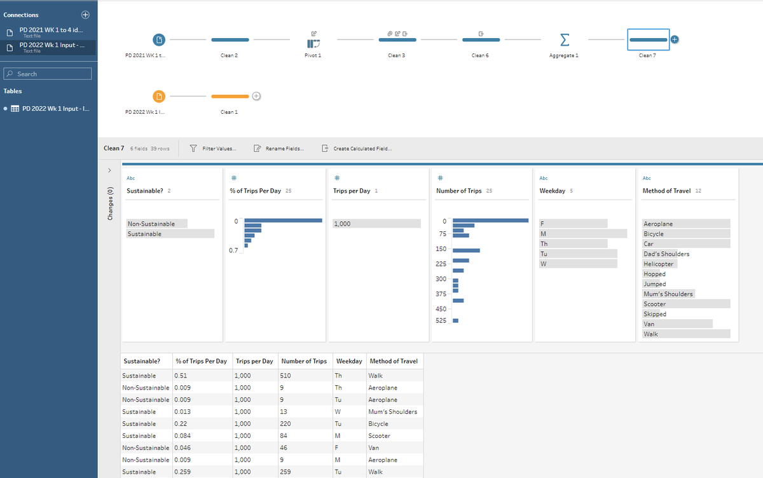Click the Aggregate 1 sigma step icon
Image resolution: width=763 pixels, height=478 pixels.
click(x=565, y=40)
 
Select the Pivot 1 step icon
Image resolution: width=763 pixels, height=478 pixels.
click(x=313, y=44)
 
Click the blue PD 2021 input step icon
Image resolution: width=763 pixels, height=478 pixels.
click(x=159, y=40)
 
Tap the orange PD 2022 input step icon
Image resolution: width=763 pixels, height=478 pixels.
click(x=159, y=97)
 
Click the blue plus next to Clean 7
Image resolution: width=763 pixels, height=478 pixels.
click(x=675, y=39)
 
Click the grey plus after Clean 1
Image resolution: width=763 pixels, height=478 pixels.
click(x=256, y=97)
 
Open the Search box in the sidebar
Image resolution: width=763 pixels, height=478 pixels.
click(x=47, y=74)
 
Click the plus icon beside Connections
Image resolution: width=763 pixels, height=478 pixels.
click(x=85, y=15)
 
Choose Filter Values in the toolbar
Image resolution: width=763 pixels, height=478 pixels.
click(x=213, y=149)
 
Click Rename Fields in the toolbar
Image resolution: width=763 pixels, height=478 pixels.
click(x=279, y=149)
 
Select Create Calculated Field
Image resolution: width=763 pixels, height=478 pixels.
click(x=357, y=149)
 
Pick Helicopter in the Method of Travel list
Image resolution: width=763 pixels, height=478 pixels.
click(x=659, y=264)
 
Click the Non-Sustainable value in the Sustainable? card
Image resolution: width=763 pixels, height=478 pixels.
click(x=151, y=224)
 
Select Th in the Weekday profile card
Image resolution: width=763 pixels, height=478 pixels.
click(x=544, y=243)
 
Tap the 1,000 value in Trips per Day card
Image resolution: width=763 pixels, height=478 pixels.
click(x=342, y=224)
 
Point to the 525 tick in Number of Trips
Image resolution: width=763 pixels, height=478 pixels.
click(x=441, y=321)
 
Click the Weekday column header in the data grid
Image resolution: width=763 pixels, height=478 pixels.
click(x=349, y=361)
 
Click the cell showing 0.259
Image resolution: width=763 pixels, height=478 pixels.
click(x=182, y=472)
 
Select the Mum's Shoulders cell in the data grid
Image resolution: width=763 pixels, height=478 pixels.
click(x=393, y=412)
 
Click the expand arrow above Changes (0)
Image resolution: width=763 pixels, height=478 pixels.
click(x=109, y=170)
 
